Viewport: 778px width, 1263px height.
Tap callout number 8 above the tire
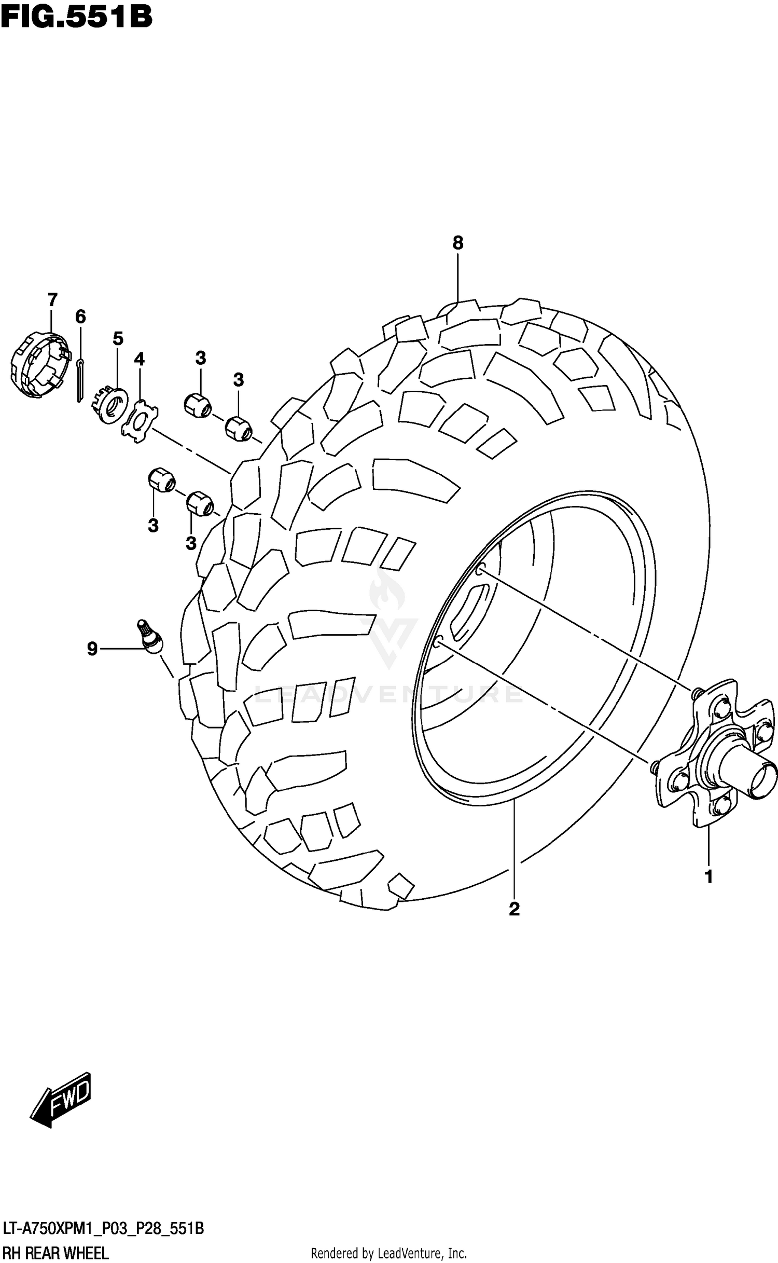click(457, 243)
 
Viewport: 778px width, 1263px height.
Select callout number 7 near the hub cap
click(52, 300)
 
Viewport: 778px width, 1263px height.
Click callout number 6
click(80, 317)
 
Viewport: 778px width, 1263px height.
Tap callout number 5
click(118, 339)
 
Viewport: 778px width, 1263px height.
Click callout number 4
click(139, 359)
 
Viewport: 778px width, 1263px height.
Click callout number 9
click(92, 649)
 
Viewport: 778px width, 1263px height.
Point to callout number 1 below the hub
click(708, 877)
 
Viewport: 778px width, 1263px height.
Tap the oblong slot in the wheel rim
click(469, 612)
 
